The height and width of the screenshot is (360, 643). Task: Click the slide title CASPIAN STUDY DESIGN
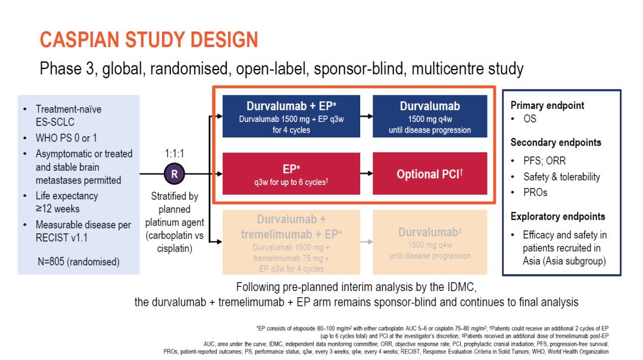(x=149, y=40)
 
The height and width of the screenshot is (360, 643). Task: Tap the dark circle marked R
(x=174, y=174)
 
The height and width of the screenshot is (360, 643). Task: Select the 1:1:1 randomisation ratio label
(x=174, y=154)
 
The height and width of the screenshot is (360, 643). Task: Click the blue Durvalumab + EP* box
(x=291, y=117)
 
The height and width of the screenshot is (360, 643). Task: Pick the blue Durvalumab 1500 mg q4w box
(x=429, y=117)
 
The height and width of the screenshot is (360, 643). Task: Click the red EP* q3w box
(x=291, y=173)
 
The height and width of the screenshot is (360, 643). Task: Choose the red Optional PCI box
(x=429, y=174)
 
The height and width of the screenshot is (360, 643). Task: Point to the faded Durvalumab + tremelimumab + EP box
(x=291, y=243)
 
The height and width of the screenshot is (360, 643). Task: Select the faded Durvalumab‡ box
(x=429, y=243)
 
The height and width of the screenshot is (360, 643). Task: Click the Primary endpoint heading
(x=547, y=105)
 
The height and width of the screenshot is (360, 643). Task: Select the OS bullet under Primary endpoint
(x=529, y=119)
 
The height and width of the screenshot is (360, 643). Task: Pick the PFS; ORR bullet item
(x=544, y=161)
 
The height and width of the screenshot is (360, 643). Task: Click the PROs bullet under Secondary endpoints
(x=535, y=192)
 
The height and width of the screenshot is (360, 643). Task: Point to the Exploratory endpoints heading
(x=557, y=217)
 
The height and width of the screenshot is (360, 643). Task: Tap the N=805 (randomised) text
(x=77, y=261)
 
